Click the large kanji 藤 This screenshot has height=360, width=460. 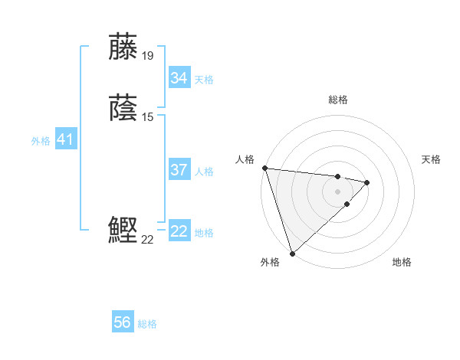tap(123, 47)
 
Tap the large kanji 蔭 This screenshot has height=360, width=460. tap(123, 107)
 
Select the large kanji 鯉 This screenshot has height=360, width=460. tap(123, 231)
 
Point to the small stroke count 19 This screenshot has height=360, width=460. tap(148, 56)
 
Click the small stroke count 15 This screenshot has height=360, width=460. tap(148, 116)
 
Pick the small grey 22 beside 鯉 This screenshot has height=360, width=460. tap(148, 240)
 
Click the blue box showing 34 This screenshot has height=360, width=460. tap(179, 78)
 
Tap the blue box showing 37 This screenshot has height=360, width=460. tap(179, 170)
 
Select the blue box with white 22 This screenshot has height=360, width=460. tap(179, 231)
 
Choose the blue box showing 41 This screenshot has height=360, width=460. tap(65, 139)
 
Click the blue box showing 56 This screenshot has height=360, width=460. tap(123, 323)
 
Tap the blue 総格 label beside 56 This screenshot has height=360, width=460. tap(147, 324)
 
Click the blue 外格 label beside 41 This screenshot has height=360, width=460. tap(41, 141)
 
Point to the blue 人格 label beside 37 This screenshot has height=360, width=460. tap(205, 172)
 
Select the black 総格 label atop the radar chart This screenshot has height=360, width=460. tap(338, 100)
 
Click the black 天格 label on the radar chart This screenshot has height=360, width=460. tap(432, 159)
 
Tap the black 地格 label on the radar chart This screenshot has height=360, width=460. tap(402, 262)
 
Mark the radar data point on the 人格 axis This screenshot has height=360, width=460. tap(264, 168)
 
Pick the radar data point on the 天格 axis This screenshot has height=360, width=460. tap(367, 182)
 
